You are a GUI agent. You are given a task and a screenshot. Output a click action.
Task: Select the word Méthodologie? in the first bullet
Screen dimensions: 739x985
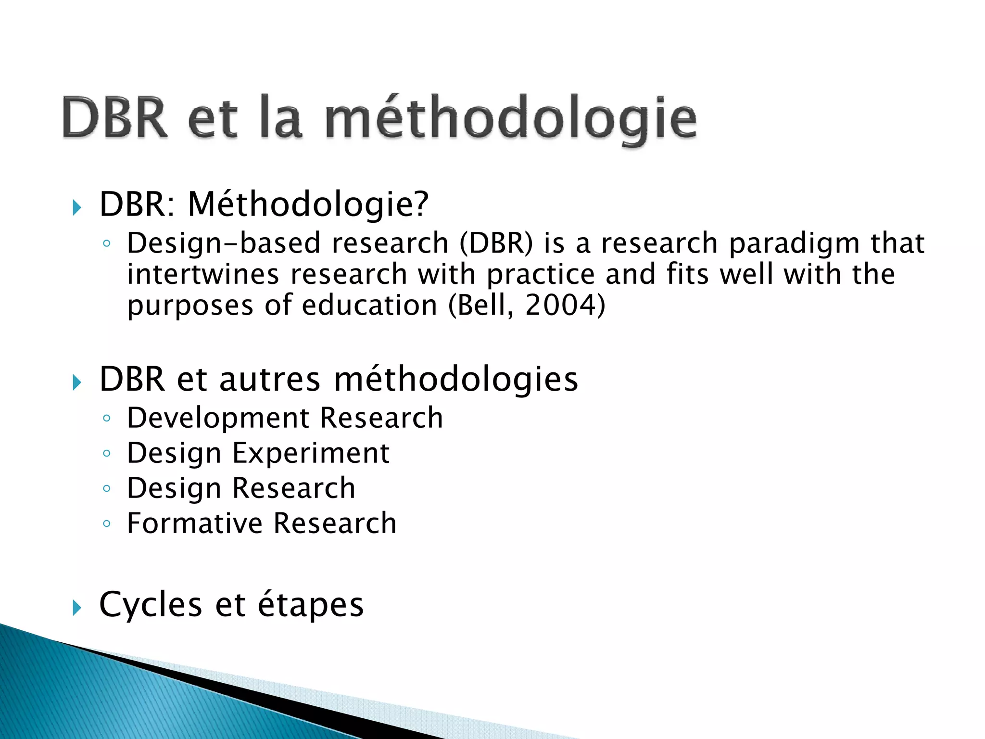click(308, 204)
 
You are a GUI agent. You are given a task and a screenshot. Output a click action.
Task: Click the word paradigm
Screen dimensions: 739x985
click(794, 243)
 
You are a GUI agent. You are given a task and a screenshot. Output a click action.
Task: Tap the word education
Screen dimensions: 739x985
click(369, 305)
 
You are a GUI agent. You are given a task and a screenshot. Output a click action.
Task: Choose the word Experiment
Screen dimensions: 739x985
click(311, 453)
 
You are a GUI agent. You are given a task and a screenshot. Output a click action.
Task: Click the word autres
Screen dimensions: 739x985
click(269, 380)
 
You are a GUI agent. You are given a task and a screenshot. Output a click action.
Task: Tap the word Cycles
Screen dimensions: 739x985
click(151, 604)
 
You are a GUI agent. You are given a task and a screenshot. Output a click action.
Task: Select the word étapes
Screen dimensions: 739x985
click(311, 605)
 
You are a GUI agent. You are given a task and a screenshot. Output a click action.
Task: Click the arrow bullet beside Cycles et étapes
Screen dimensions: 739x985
click(77, 608)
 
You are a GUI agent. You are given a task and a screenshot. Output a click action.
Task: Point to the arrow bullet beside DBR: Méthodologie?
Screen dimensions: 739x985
click(77, 208)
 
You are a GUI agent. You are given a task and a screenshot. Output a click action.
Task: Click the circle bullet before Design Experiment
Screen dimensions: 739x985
click(107, 453)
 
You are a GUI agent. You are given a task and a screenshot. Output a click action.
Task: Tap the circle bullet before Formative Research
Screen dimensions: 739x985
click(107, 523)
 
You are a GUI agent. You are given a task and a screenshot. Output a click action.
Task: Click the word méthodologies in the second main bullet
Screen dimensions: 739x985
click(456, 380)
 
